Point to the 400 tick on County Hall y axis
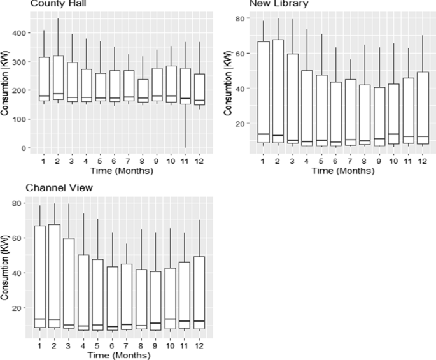24,32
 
